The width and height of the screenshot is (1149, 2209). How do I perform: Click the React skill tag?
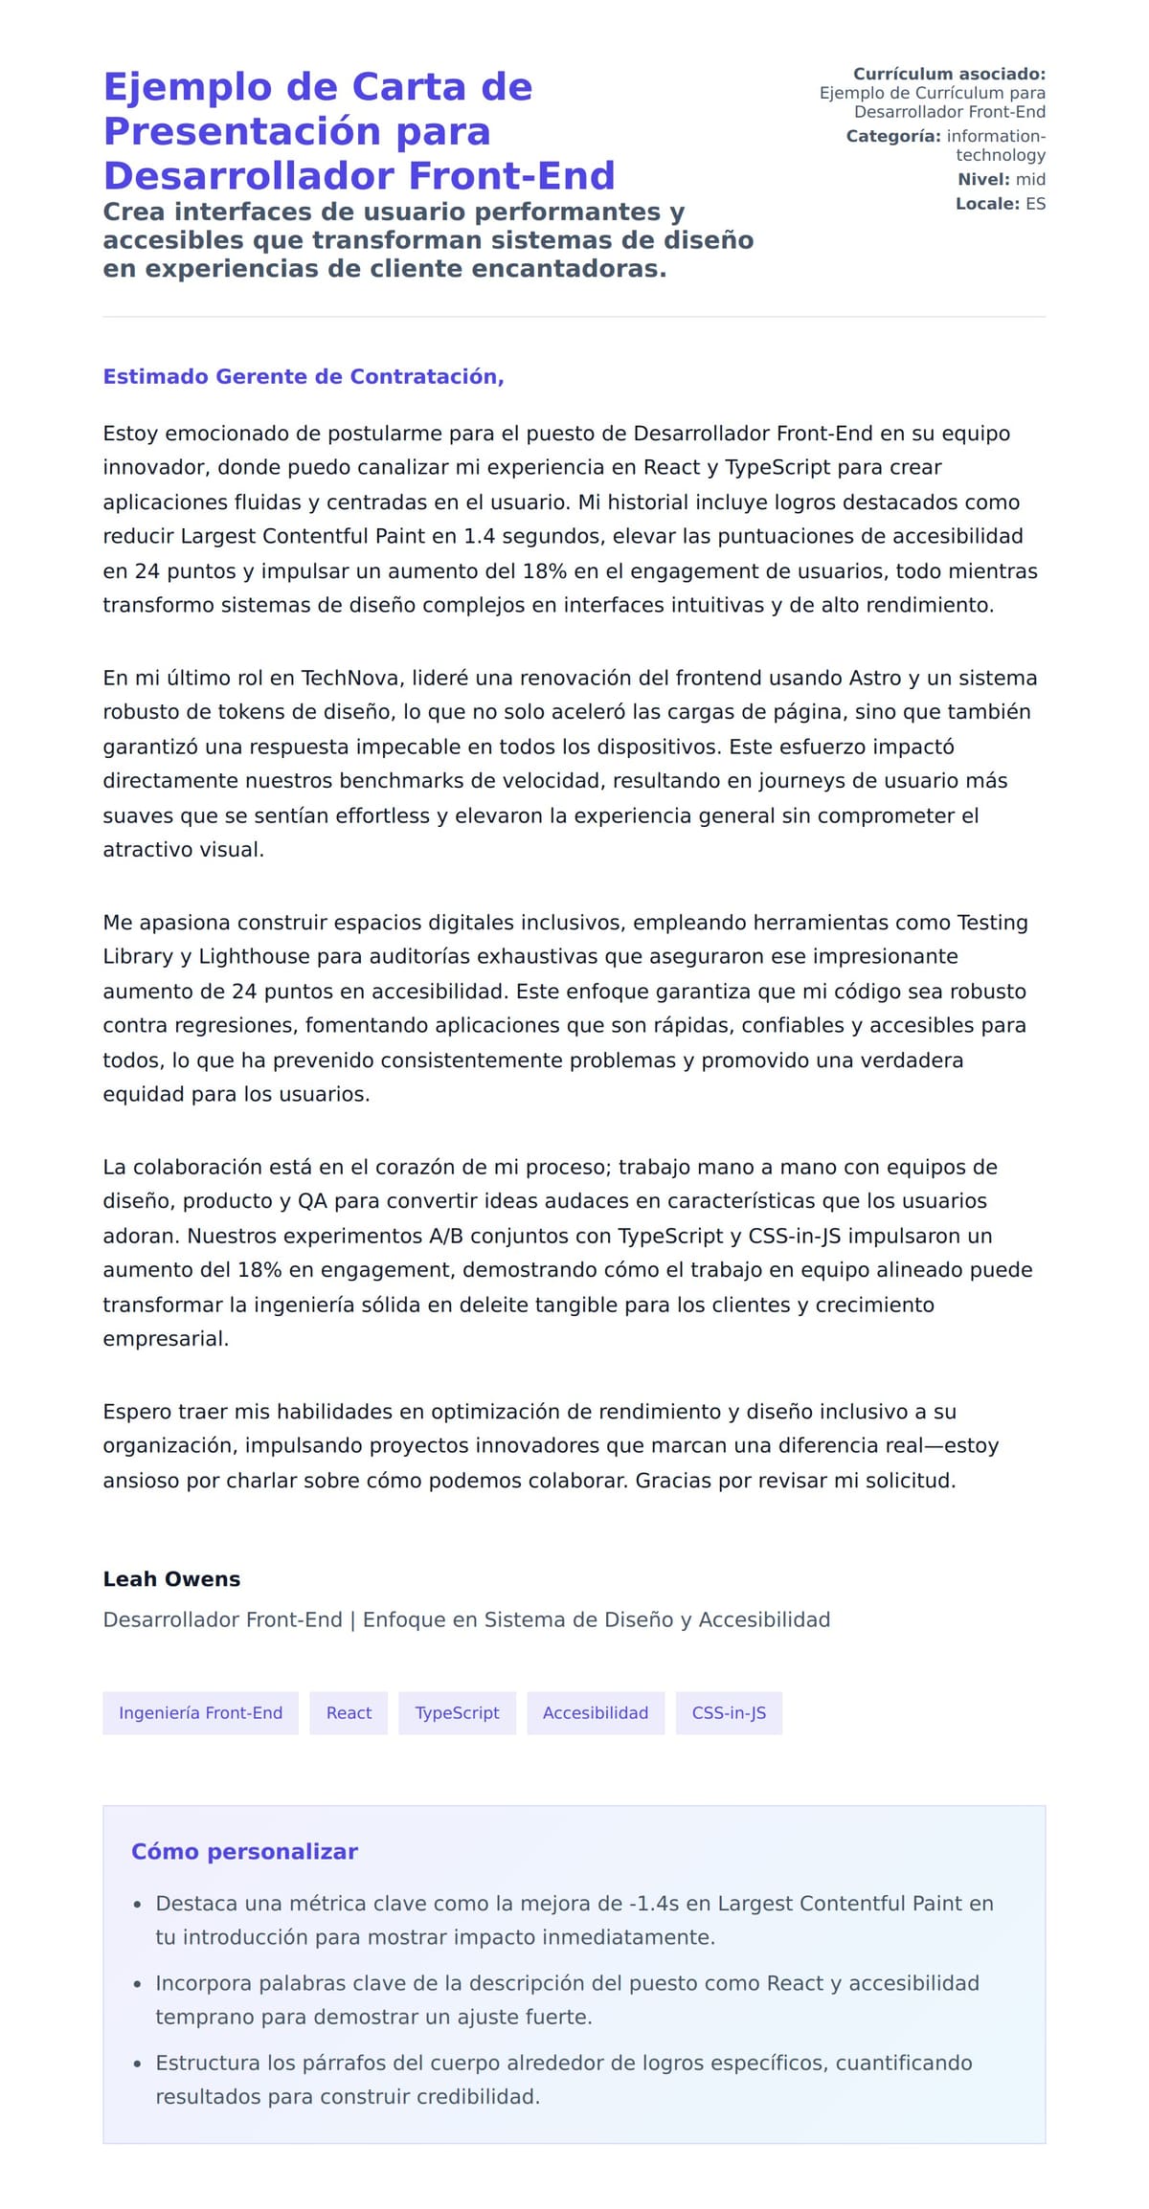pyautogui.click(x=349, y=1712)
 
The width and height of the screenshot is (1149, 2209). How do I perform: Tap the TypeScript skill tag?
pyautogui.click(x=457, y=1712)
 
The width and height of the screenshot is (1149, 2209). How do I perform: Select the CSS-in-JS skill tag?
pyautogui.click(x=729, y=1712)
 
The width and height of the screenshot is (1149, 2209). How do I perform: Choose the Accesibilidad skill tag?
pyautogui.click(x=596, y=1712)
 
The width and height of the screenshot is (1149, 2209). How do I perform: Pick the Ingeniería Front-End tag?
pyautogui.click(x=200, y=1712)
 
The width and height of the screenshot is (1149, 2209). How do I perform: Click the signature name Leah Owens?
pyautogui.click(x=171, y=1578)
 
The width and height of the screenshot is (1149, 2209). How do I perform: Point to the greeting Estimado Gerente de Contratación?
pyautogui.click(x=303, y=376)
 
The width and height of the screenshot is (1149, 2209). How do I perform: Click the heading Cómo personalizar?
pyautogui.click(x=244, y=1851)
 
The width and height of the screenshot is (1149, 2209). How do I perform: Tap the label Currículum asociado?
pyautogui.click(x=949, y=74)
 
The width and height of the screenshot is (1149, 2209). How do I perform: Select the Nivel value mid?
pyautogui.click(x=1030, y=179)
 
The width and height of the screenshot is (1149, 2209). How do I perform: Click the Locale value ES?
pyautogui.click(x=1035, y=204)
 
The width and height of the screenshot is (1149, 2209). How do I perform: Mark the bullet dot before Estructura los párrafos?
pyautogui.click(x=138, y=2064)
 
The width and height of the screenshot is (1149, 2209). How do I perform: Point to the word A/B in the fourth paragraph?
pyautogui.click(x=445, y=1236)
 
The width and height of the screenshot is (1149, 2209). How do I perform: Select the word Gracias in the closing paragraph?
pyautogui.click(x=674, y=1481)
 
